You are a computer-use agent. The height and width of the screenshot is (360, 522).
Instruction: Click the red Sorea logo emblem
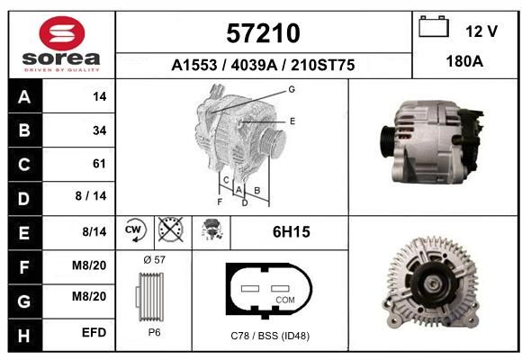coord(62,33)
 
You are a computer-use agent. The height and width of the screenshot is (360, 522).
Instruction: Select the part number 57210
coord(263,33)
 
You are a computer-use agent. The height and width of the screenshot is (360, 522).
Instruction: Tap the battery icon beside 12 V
coord(434,26)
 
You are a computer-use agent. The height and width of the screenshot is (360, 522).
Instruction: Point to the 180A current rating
coord(464,61)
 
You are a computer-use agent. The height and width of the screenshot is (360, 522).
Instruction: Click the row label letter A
coord(24,97)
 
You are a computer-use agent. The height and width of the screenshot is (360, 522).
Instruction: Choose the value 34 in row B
coord(100,130)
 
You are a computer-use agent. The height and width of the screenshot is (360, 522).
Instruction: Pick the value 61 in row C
coord(99,164)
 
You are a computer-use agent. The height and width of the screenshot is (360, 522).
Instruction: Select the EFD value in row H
coord(94,332)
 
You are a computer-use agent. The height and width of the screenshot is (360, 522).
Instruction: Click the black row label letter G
coord(24,301)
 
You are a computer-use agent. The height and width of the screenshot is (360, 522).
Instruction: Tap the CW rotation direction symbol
coord(135,229)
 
